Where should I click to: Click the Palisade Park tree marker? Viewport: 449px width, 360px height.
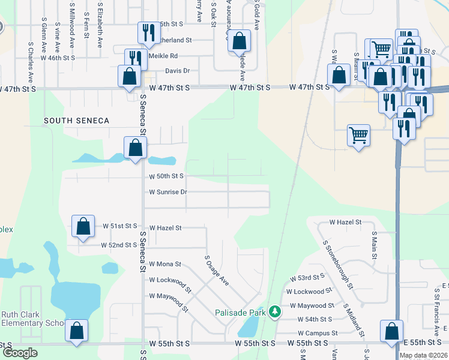[x=275, y=311]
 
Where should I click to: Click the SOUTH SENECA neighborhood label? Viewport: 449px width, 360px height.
[x=77, y=121]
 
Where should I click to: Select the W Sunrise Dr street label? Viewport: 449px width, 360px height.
[x=169, y=192]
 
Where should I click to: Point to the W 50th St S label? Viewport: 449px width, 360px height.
[x=166, y=176]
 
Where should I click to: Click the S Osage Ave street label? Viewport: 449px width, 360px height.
[x=217, y=270]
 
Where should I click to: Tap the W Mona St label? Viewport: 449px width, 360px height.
[x=164, y=263]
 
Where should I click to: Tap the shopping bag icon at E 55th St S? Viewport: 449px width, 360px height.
[x=391, y=331]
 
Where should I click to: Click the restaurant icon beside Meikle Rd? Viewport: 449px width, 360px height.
[x=136, y=59]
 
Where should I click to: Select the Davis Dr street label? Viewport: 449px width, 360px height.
[x=178, y=71]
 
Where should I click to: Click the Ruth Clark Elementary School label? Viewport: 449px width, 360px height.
[x=32, y=319]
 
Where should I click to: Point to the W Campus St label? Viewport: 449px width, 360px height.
[x=318, y=333]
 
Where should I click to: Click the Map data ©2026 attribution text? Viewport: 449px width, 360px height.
[x=423, y=355]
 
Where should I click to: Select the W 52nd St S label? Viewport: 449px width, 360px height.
[x=119, y=245]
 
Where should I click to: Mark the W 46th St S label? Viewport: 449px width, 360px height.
[x=58, y=58]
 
